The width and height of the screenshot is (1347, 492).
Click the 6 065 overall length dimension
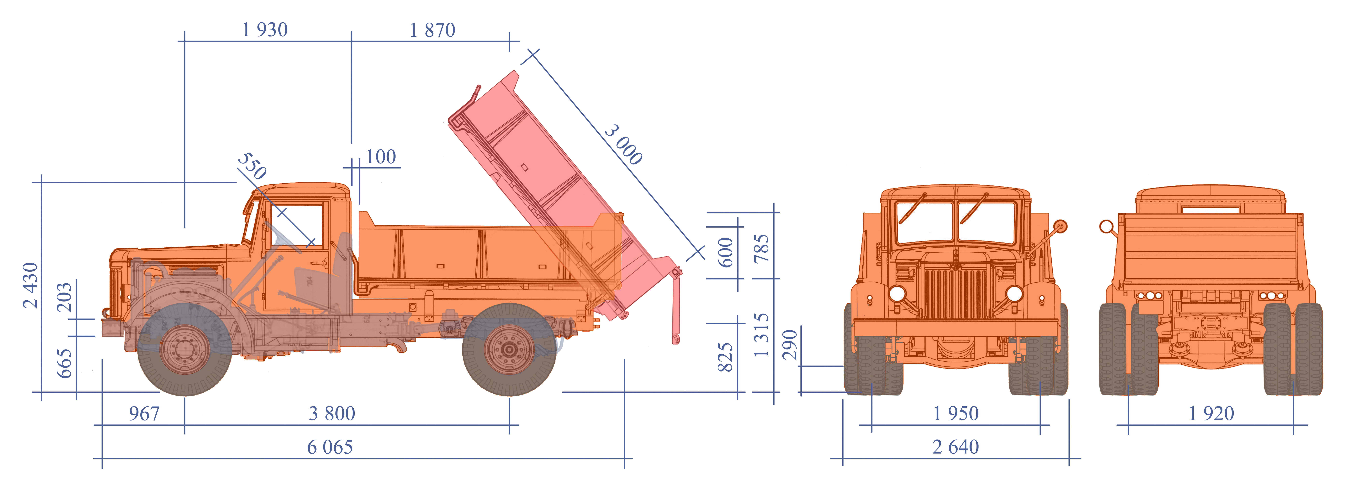tap(330, 447)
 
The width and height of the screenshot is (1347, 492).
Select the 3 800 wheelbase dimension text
tap(332, 414)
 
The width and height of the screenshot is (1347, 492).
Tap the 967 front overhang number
tap(144, 414)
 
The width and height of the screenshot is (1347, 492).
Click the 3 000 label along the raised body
tap(623, 145)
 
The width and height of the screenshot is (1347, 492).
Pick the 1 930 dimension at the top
tap(265, 30)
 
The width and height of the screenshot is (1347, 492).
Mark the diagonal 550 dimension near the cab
tap(252, 166)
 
